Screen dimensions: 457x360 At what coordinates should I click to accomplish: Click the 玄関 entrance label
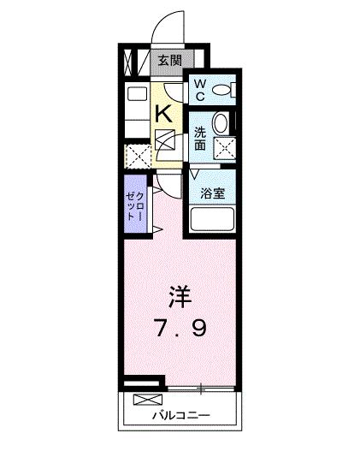point(169,60)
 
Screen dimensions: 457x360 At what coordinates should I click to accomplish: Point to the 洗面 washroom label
point(199,139)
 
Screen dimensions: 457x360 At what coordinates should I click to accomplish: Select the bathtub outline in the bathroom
point(211,220)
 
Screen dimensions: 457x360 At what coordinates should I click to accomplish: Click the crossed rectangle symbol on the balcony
point(147,400)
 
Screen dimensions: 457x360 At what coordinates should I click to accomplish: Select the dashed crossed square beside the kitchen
point(138,156)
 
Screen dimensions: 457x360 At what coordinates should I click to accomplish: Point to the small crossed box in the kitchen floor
point(166,139)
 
